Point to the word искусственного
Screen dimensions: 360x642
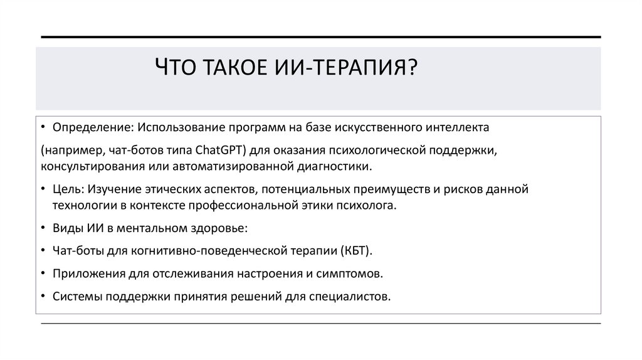coord(376,127)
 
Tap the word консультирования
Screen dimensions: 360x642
coord(89,166)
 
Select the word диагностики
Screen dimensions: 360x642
coord(335,166)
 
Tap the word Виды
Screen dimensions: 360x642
coord(66,228)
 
